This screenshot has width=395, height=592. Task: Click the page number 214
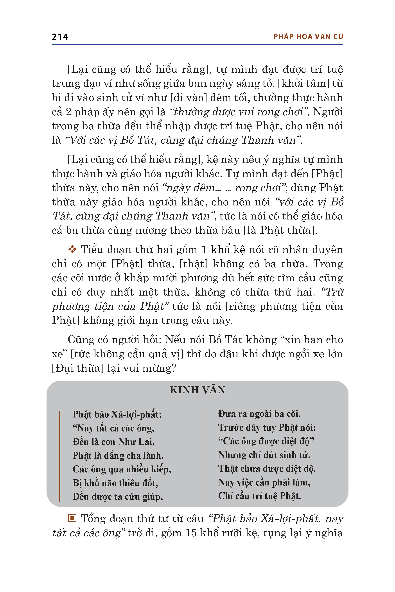pyautogui.click(x=60, y=37)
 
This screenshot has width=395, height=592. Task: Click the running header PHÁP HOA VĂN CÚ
pyautogui.click(x=308, y=37)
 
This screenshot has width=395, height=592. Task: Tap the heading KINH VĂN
pyautogui.click(x=197, y=390)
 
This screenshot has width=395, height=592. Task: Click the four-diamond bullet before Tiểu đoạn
pyautogui.click(x=72, y=250)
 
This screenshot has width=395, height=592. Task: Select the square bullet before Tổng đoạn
pyautogui.click(x=72, y=518)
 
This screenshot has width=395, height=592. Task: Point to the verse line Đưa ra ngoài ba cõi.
pyautogui.click(x=259, y=414)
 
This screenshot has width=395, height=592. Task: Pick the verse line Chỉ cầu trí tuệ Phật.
pyautogui.click(x=259, y=496)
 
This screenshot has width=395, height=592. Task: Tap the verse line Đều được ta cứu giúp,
pyautogui.click(x=118, y=497)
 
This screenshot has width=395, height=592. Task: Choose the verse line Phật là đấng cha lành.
pyautogui.click(x=118, y=456)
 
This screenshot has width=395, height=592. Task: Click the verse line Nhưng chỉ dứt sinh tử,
pyautogui.click(x=264, y=455)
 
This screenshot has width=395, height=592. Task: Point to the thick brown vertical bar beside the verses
pyautogui.click(x=59, y=456)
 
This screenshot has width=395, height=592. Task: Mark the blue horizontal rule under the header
pyautogui.click(x=197, y=45)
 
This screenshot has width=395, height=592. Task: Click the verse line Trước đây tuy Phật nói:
pyautogui.click(x=267, y=428)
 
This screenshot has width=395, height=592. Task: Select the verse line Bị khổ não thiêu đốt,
pyautogui.click(x=115, y=483)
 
